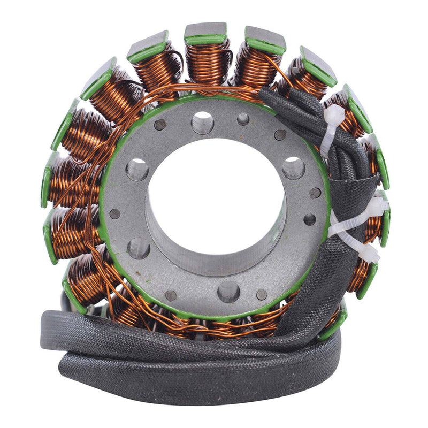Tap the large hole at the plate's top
[202, 123]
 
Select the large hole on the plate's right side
[293, 168]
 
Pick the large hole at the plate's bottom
[228, 292]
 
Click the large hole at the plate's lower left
[138, 248]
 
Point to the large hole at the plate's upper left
[137, 170]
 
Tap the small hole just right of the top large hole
[243, 119]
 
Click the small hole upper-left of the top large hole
[160, 125]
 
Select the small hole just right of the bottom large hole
[262, 295]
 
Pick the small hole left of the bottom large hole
[171, 295]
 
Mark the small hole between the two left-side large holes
[114, 213]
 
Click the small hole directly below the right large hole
[309, 219]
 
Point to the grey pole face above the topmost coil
[205, 30]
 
